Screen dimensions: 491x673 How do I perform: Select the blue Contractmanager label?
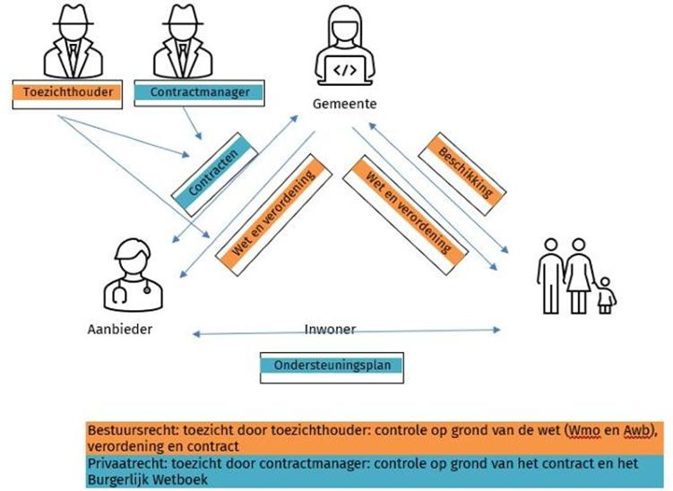point(199,91)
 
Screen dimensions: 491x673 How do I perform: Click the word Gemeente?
point(344,105)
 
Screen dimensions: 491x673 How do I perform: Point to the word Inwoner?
point(329,329)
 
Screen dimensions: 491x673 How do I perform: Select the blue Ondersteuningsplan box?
point(332,365)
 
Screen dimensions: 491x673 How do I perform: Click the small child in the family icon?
point(606,295)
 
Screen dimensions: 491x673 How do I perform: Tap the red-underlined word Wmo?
point(582,429)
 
